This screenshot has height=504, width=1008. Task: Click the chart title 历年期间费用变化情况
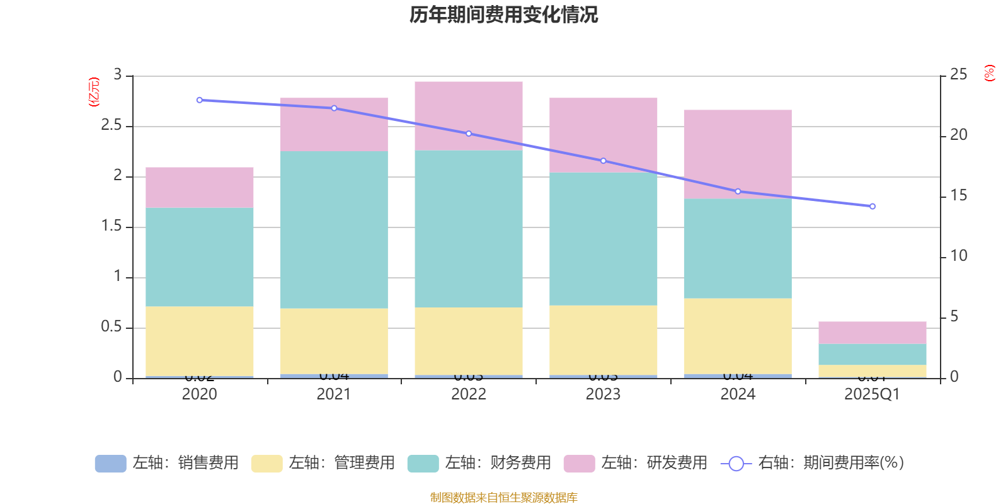[x=503, y=14]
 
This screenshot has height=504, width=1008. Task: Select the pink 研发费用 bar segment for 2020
[x=200, y=187]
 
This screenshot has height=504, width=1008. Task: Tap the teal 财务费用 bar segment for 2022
[x=469, y=228]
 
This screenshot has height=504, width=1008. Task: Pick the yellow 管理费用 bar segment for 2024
[x=738, y=336]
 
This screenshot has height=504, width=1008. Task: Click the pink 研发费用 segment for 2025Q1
[x=873, y=332]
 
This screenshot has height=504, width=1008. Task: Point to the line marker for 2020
[x=200, y=100]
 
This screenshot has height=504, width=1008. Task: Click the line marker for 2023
[x=604, y=161]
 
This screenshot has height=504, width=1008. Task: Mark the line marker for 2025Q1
[x=873, y=207]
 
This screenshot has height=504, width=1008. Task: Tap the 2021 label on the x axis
[x=334, y=394]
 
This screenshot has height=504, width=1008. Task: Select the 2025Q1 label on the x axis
[x=872, y=394]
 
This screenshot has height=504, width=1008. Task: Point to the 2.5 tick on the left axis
[x=112, y=125]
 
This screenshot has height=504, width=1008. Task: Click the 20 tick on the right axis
[x=958, y=135]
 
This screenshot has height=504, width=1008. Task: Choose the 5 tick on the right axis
[x=954, y=316]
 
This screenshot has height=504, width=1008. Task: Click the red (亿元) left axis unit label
[x=94, y=92]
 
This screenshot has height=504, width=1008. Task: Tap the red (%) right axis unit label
[x=990, y=73]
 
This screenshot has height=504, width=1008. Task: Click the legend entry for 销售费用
[x=168, y=463]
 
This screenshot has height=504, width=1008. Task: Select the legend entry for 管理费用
[x=324, y=463]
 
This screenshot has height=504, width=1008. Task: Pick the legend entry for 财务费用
[x=480, y=463]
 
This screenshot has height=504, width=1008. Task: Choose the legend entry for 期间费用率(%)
[x=813, y=463]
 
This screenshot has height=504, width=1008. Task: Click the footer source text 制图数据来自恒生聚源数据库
[x=503, y=498]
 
